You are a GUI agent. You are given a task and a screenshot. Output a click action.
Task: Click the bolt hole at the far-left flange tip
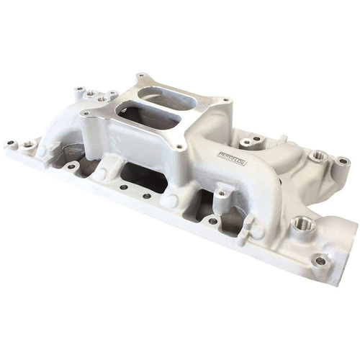[12, 143]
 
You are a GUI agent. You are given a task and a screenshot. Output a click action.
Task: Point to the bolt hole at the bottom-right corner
[320, 260]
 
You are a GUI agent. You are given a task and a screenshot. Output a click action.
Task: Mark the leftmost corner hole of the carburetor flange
[86, 113]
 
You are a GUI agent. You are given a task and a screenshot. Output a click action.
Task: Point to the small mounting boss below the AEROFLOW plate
[224, 191]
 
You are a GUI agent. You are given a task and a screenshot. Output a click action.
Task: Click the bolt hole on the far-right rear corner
[344, 161]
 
